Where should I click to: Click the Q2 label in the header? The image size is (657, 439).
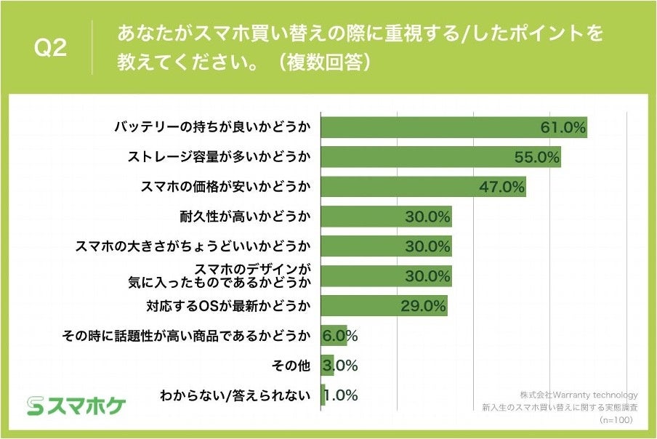point(51,49)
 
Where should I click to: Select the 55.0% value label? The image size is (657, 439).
point(536,157)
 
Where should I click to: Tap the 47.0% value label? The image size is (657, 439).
point(501,187)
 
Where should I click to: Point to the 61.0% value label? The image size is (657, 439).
point(563,127)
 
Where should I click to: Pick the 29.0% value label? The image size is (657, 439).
point(423,306)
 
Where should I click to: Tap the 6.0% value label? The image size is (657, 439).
point(340,336)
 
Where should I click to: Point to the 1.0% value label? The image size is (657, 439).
point(340,396)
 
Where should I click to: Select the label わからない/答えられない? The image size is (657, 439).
point(235,396)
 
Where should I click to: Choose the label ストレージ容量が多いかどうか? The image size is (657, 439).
point(219,157)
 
